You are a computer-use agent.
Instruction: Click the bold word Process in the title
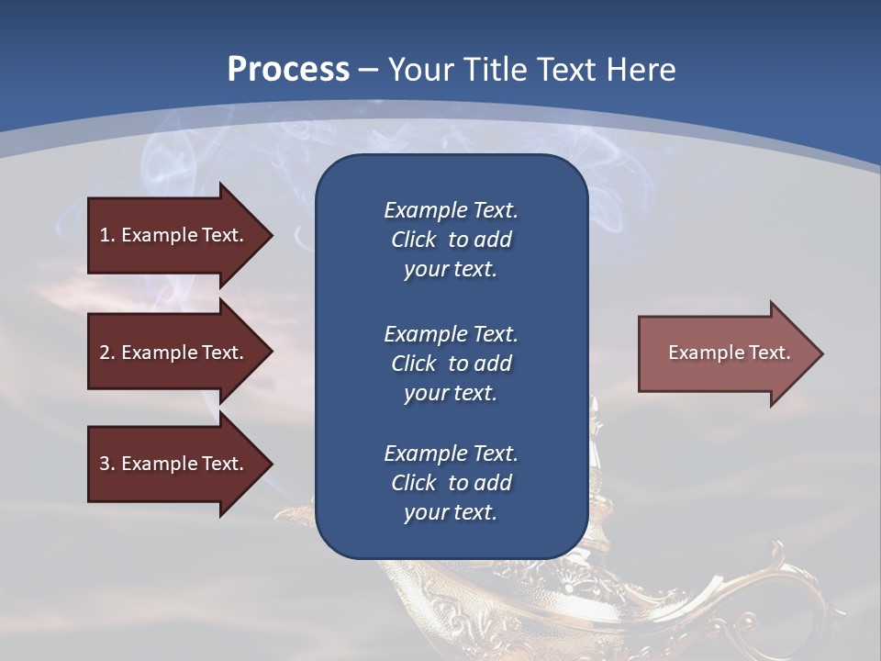[288, 70]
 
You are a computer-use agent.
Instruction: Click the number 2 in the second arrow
[105, 353]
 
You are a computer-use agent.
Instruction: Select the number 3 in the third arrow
[105, 464]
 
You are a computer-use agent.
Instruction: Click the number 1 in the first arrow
[105, 235]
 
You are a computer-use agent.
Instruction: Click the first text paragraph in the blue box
[451, 240]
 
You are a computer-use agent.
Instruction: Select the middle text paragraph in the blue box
[451, 364]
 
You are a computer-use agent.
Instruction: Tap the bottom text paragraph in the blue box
[451, 483]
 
